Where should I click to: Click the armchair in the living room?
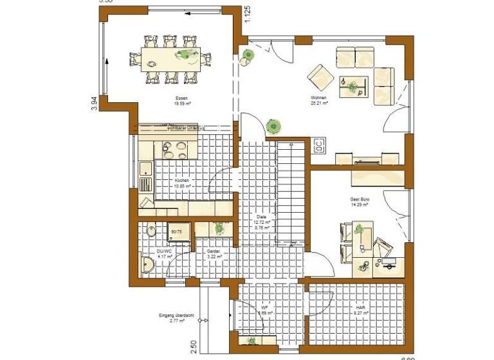click(318, 76)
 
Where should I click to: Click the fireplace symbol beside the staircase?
click(318, 146)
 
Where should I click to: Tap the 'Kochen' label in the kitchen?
click(182, 181)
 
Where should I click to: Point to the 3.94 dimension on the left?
click(94, 104)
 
